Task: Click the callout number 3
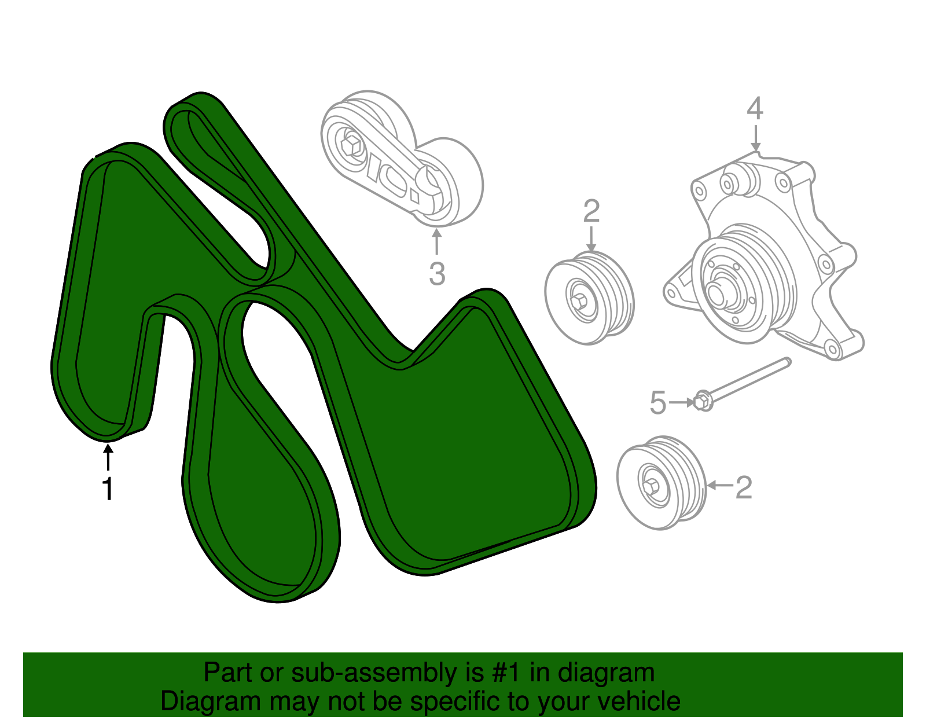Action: [437, 273]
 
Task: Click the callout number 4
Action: [755, 109]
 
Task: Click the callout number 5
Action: [658, 403]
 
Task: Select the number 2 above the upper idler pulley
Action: [591, 211]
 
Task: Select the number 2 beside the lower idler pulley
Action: [744, 487]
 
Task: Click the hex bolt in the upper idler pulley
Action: [579, 302]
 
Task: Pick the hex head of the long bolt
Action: [702, 401]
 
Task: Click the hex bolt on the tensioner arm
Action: [351, 145]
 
